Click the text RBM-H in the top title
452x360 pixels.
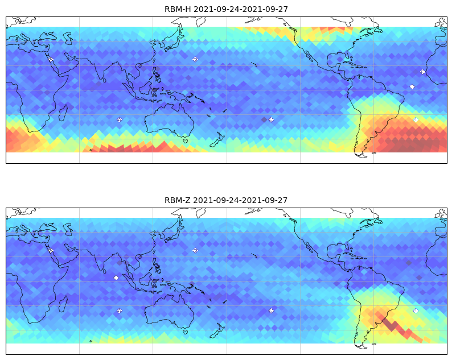click(178, 9)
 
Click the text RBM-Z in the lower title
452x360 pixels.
click(177, 200)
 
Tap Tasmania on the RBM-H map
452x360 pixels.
click(186, 141)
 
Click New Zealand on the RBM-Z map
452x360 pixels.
click(217, 330)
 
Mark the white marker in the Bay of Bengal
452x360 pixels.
click(116, 278)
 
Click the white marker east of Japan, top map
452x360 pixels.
click(195, 59)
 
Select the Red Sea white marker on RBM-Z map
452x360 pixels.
click(51, 250)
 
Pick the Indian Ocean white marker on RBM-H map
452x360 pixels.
click(120, 120)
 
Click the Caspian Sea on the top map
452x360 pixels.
click(69, 38)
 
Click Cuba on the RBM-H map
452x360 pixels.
click(348, 63)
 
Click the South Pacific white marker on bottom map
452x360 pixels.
click(272, 311)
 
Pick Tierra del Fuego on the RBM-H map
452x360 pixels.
click(361, 155)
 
